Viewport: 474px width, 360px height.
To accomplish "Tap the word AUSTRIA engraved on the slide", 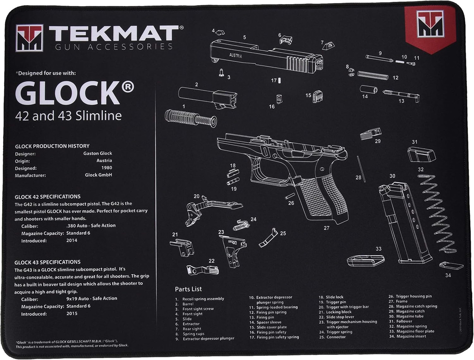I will click(236, 56).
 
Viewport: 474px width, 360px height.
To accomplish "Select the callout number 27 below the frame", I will click(326, 228).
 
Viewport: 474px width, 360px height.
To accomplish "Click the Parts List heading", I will click(188, 289).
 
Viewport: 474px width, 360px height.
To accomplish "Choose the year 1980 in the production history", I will click(107, 168).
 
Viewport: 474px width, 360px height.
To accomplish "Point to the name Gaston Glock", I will click(97, 153).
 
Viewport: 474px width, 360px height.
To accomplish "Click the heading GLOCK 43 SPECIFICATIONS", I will click(47, 262).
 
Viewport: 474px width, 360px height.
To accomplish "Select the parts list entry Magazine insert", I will click(411, 336).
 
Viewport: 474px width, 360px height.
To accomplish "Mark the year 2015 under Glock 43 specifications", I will click(72, 314).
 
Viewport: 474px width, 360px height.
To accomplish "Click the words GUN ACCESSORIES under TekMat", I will click(114, 47).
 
